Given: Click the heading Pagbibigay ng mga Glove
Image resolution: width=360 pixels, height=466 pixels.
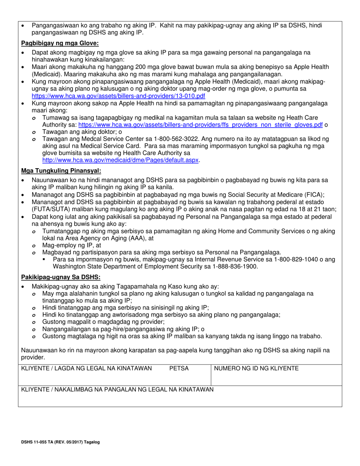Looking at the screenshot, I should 59,43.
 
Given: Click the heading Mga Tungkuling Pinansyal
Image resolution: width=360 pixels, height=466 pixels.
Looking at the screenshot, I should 61,170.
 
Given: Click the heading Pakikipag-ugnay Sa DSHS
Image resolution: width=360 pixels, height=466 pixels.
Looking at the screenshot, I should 61,277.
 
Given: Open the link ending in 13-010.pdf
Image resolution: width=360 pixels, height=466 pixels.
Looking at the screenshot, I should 118,96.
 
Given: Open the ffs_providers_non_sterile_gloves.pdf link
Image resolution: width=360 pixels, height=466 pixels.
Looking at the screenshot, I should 200,125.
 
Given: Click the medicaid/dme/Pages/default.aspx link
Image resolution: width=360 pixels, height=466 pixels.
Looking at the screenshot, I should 121,160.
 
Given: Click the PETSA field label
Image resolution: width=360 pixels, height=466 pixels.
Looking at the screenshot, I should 179,368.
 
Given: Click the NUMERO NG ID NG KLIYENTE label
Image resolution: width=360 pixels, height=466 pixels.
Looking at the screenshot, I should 257,368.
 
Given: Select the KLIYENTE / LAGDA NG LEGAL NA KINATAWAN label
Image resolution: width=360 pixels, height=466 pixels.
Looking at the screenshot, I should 87,368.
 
